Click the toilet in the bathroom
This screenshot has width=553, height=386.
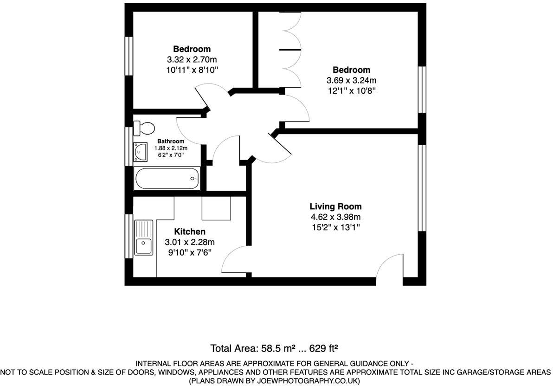143,128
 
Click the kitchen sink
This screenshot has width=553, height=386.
143,237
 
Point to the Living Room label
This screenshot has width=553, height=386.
335,206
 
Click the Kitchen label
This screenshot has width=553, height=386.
189,232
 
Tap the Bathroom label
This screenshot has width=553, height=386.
171,141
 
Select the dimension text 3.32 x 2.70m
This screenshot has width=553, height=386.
192,59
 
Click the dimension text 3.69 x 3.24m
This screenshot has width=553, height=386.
351,80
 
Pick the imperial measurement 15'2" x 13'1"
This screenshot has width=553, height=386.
335,227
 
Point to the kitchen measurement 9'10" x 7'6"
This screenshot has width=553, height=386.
189,252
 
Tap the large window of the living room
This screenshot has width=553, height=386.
422,188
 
